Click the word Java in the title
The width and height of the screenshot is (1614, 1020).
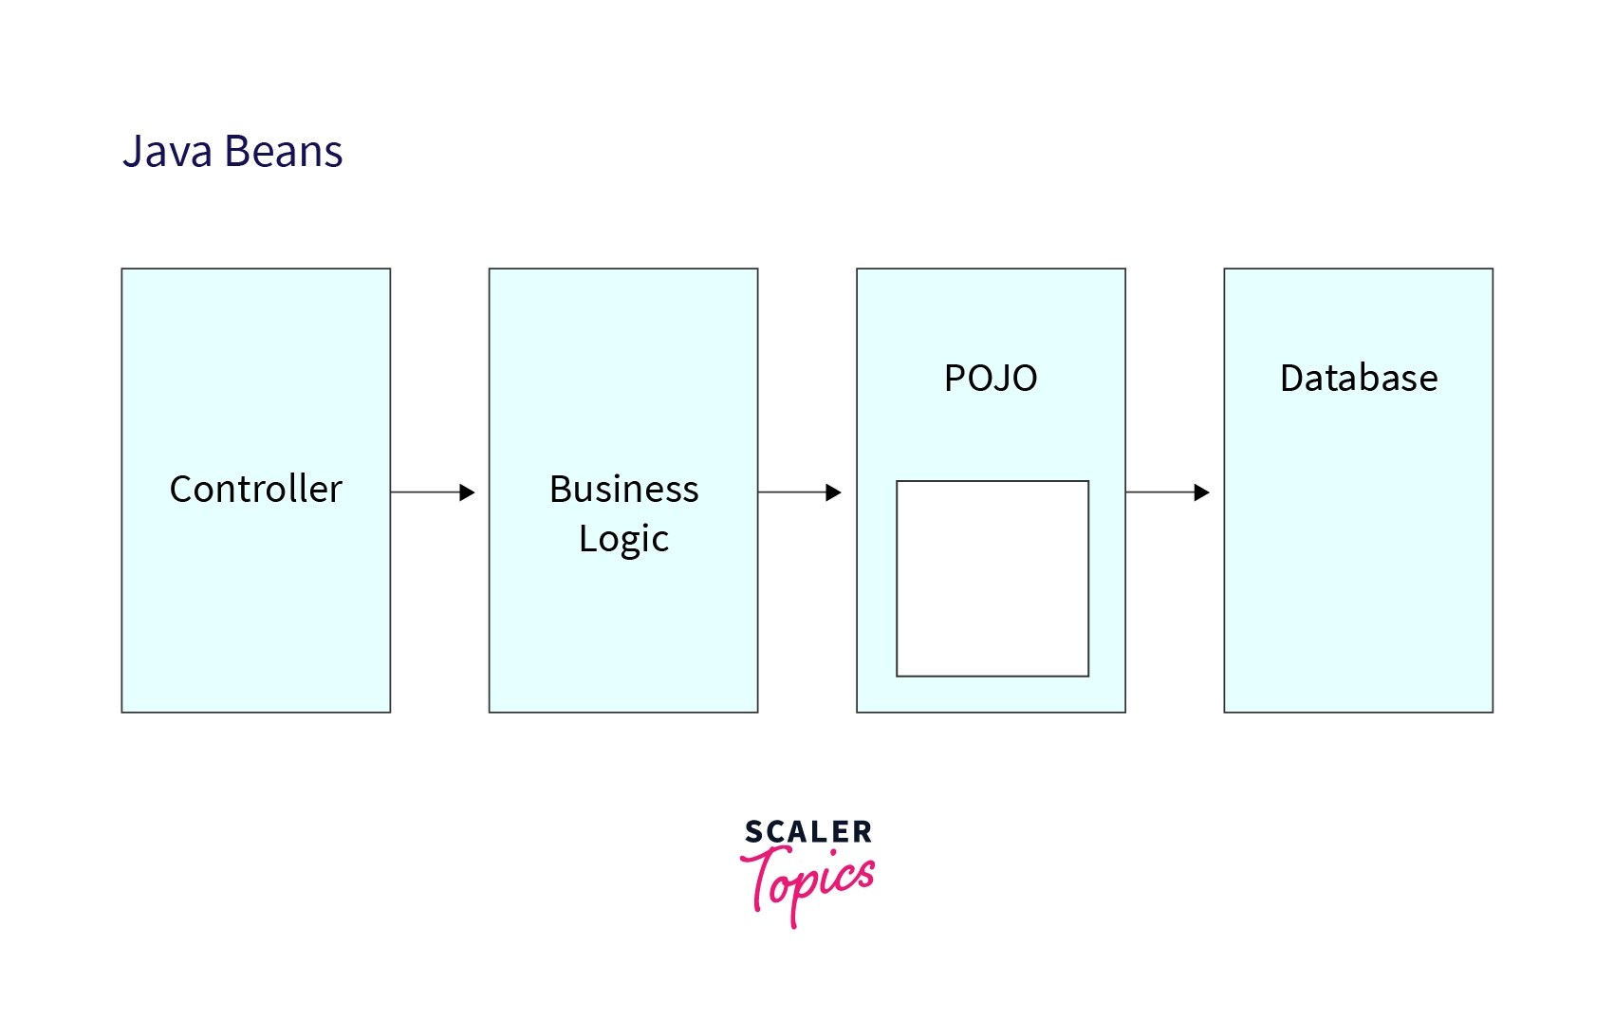167,152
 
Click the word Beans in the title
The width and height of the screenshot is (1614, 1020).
283,152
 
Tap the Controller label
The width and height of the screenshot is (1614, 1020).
255,490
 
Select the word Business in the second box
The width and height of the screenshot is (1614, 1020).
623,490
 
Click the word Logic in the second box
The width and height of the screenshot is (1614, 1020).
623,539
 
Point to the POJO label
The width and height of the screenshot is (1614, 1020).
991,379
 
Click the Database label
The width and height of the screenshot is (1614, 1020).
1358,379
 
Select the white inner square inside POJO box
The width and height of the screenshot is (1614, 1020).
992,579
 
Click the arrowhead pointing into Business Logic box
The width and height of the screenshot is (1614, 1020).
467,492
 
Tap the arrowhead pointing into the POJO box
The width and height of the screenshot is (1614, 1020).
834,492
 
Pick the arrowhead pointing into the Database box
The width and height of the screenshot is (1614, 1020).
1202,492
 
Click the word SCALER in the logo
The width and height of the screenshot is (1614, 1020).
807,833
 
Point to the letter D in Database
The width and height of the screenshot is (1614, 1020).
1291,379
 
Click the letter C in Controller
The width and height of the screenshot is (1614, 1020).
180,490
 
